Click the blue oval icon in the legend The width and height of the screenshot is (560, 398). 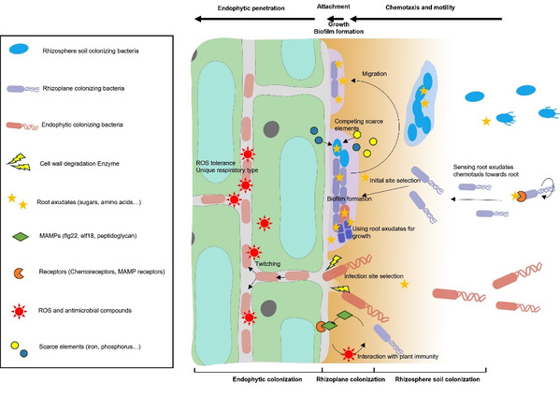[x=20, y=49]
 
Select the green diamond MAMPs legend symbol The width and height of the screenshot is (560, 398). [x=21, y=237]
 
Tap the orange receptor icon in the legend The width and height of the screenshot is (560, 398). [x=20, y=273]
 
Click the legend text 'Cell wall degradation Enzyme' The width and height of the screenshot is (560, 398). [x=79, y=164]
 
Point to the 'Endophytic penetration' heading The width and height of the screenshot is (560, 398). [x=251, y=7]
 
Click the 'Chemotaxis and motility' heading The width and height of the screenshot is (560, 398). [x=421, y=7]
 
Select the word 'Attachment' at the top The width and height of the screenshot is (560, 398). [x=333, y=7]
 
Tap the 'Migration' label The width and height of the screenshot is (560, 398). [x=374, y=74]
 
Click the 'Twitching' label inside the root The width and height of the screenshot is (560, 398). [x=267, y=264]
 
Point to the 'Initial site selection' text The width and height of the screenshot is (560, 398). [x=395, y=181]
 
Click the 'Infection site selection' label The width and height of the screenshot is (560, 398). [x=374, y=276]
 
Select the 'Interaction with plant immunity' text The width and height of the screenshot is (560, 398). [x=397, y=357]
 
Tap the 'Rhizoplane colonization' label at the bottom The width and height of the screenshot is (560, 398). [x=351, y=379]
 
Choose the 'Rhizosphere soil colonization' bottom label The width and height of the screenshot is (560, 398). [x=438, y=379]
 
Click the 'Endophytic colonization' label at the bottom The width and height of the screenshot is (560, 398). [x=267, y=379]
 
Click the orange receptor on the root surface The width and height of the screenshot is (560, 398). [x=321, y=327]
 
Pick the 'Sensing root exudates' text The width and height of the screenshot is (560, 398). [x=483, y=167]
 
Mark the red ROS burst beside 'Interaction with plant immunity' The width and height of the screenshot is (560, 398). [x=349, y=354]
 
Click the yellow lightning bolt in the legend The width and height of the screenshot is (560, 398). [x=20, y=162]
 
